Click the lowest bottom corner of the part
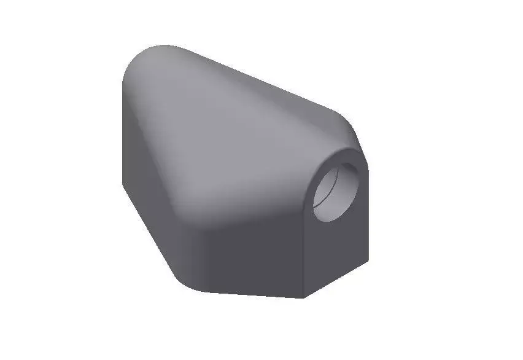pyautogui.click(x=303, y=299)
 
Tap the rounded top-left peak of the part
pyautogui.click(x=153, y=52)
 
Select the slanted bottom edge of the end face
pyautogui.click(x=336, y=279)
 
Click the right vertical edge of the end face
pyautogui.click(x=368, y=215)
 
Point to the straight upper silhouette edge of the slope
pyautogui.click(x=258, y=80)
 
